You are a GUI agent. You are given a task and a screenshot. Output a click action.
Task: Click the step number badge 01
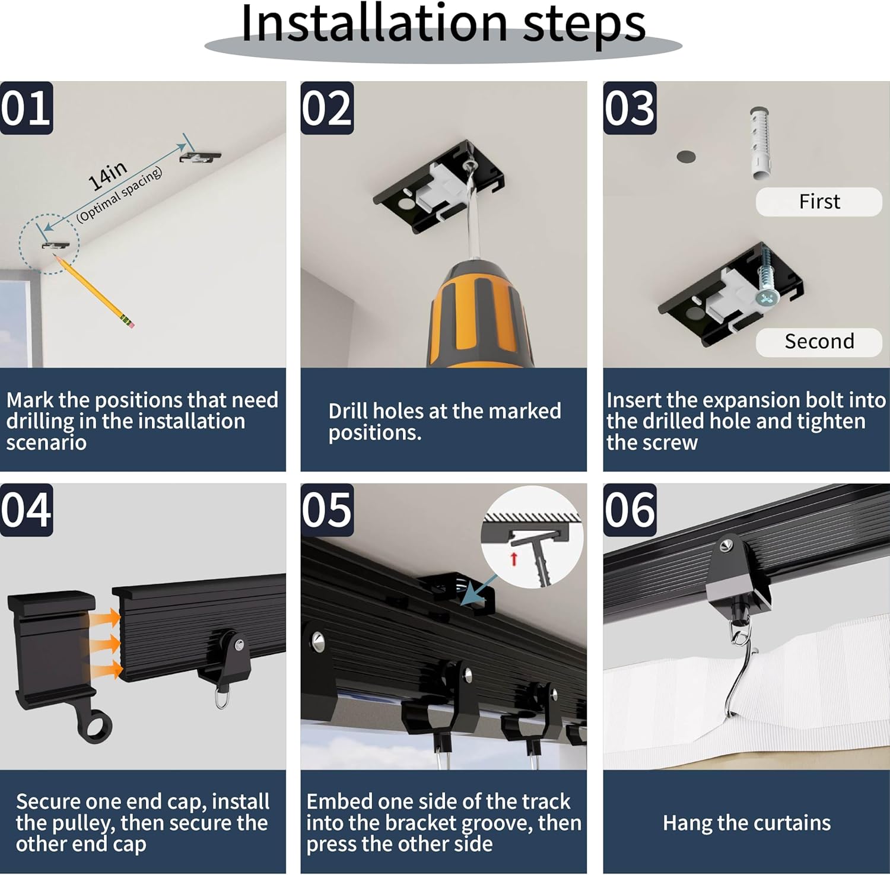pos(26,108)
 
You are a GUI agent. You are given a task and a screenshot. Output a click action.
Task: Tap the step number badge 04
pos(26,510)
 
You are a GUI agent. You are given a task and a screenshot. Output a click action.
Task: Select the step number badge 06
pos(630,510)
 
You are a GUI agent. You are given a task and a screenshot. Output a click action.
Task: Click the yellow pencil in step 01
pos(94,291)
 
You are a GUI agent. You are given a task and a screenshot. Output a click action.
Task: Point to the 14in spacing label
pos(107,176)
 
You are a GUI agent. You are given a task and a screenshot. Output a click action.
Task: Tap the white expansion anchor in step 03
pos(759,142)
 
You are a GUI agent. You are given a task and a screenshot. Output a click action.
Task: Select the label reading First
pos(819,202)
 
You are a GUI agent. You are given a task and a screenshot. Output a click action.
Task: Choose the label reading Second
pos(819,342)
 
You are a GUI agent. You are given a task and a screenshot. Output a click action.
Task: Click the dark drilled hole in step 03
pos(686,157)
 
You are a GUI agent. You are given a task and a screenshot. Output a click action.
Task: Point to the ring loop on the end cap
pos(95,727)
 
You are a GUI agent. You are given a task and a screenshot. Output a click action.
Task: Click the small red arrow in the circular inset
pos(514,558)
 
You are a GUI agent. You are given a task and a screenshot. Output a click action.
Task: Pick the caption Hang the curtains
pos(746,823)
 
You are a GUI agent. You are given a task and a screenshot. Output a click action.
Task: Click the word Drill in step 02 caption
pos(348,411)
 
